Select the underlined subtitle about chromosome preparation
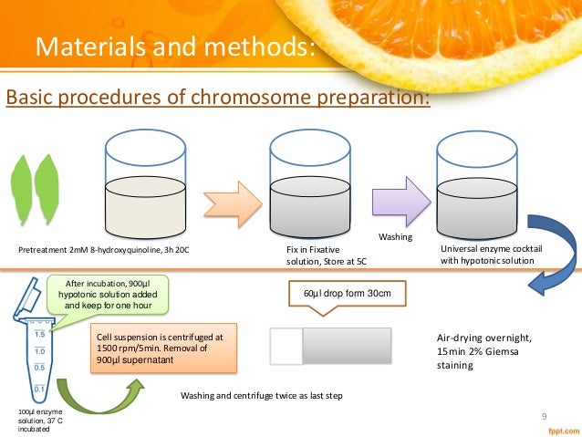click(x=217, y=97)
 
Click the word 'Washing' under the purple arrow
click(x=395, y=237)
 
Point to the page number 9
click(x=545, y=418)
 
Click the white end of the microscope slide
click(x=286, y=348)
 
